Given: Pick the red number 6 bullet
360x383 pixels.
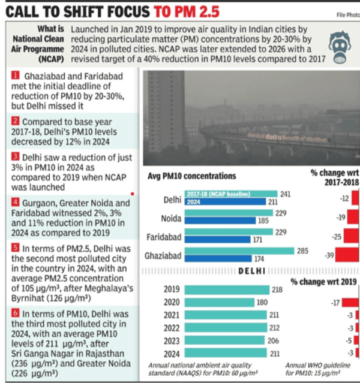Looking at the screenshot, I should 7,313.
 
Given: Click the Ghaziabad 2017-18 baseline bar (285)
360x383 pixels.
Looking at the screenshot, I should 229,251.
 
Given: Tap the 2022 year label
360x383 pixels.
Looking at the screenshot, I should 172,328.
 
